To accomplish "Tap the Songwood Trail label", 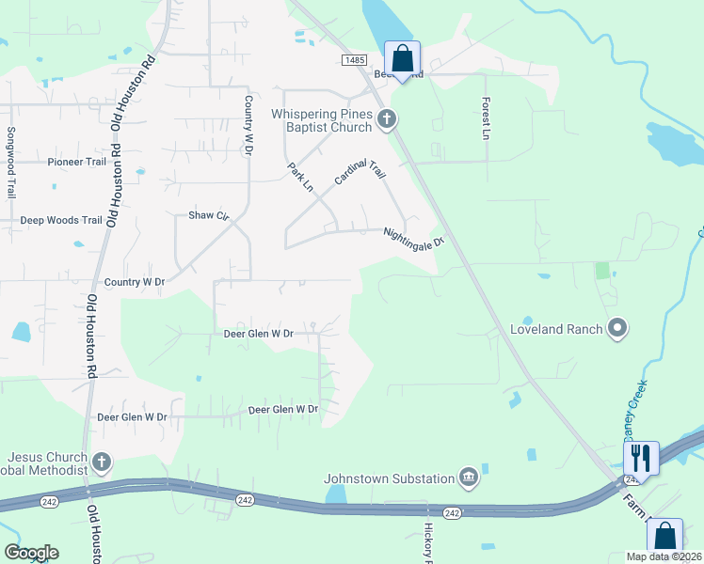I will click(x=11, y=163).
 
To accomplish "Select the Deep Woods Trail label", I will click(x=61, y=221).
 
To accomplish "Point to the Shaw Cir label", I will click(x=209, y=215).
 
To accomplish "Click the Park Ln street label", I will click(x=300, y=177).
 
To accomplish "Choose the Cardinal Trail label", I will click(x=360, y=171).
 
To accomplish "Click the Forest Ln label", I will click(x=487, y=118).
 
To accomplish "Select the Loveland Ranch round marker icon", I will click(x=617, y=328).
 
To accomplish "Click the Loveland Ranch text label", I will click(x=554, y=329).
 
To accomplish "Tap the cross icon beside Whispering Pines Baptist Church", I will click(x=386, y=119).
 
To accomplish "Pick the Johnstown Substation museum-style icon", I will click(x=468, y=478).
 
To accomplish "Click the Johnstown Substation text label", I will click(x=390, y=478).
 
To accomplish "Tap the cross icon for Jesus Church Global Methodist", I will click(x=102, y=462).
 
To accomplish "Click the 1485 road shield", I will click(x=354, y=59).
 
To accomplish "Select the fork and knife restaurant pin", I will click(x=641, y=458).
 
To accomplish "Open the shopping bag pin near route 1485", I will click(x=403, y=58).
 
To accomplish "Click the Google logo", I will click(x=31, y=553).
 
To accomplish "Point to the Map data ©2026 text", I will click(x=664, y=556).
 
